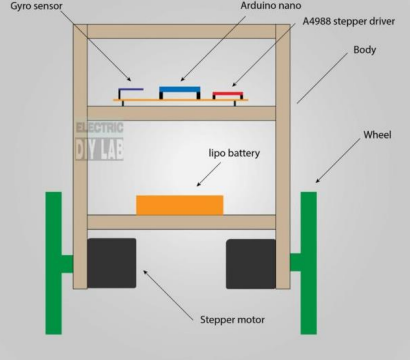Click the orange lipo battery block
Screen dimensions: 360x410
coord(180,204)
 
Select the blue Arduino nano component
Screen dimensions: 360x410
coord(181,91)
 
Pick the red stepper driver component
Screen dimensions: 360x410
coord(227,95)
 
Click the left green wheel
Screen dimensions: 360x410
coord(54,264)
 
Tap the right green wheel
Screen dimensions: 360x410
coord(308,264)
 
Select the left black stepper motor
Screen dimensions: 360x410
coord(111,263)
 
